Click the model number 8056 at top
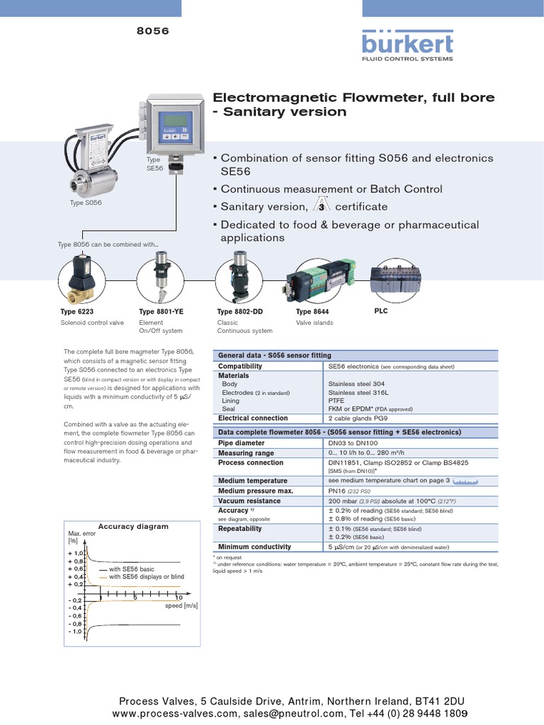[152, 31]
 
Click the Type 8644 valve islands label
[312, 312]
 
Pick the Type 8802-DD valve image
[236, 280]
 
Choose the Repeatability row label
[240, 528]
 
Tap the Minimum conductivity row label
[254, 547]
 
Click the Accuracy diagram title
[133, 526]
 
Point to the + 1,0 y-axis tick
[76, 553]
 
